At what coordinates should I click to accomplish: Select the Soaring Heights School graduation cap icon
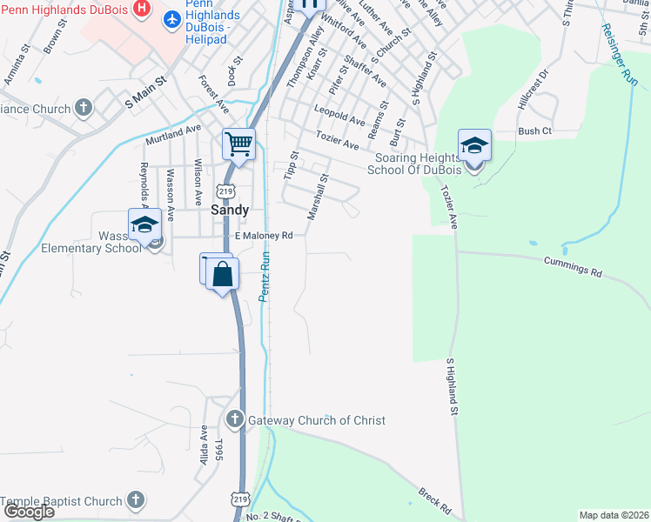pyautogui.click(x=474, y=145)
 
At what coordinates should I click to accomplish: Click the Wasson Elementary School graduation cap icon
pyautogui.click(x=144, y=225)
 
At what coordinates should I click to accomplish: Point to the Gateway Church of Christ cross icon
pyautogui.click(x=234, y=420)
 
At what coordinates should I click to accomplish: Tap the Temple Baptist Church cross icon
pyautogui.click(x=135, y=500)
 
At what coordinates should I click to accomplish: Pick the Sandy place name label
pyautogui.click(x=231, y=210)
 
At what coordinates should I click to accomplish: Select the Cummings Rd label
pyautogui.click(x=573, y=266)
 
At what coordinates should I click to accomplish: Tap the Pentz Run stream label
pyautogui.click(x=267, y=276)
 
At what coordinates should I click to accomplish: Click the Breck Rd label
pyautogui.click(x=434, y=499)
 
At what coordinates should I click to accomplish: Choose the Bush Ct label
pyautogui.click(x=534, y=131)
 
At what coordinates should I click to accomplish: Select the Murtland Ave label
pyautogui.click(x=173, y=134)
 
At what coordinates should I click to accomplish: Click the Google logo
pyautogui.click(x=28, y=512)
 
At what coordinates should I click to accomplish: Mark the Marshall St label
pyautogui.click(x=318, y=197)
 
